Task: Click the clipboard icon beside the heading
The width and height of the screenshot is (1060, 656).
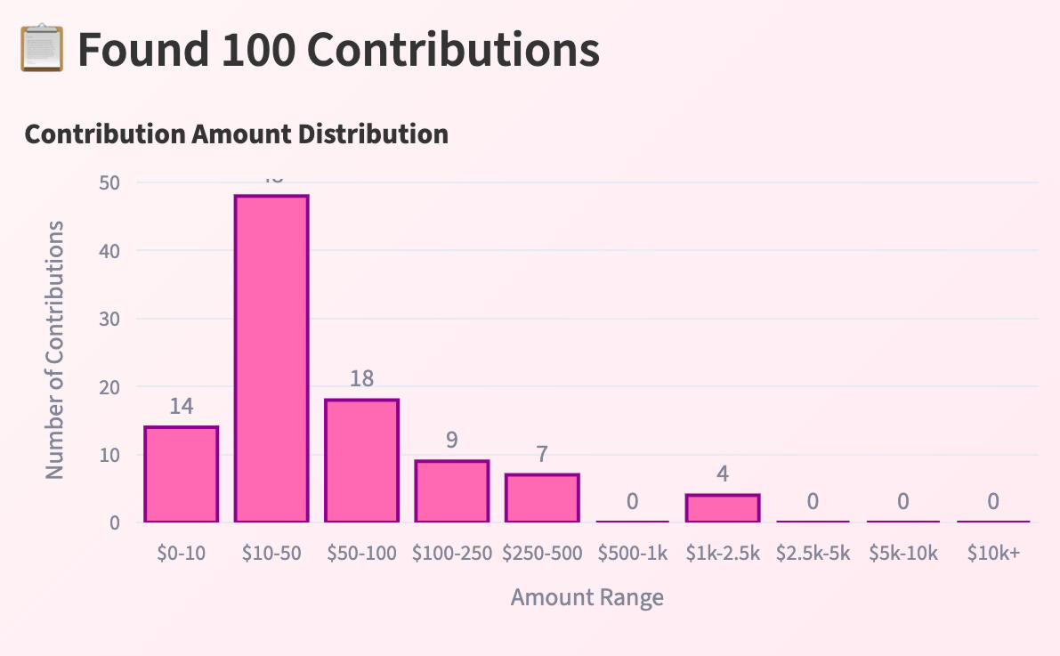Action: point(41,50)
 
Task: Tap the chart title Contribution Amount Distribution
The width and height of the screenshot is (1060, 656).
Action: point(236,134)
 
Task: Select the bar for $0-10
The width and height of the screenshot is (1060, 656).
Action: point(181,474)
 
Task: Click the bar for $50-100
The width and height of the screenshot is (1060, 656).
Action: point(361,460)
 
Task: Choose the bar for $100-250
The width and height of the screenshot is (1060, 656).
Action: point(452,491)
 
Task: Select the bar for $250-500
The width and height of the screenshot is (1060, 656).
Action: point(542,498)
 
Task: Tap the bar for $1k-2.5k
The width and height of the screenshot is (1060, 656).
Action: point(723,508)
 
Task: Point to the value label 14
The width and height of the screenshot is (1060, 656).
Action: point(181,407)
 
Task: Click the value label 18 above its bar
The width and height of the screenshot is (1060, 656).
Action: point(361,379)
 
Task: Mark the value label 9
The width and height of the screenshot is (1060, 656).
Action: point(452,441)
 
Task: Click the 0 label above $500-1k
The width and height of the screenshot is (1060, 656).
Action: point(632,501)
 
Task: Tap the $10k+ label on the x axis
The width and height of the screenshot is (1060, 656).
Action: point(993,553)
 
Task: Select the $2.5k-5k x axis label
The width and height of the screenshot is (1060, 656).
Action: point(813,553)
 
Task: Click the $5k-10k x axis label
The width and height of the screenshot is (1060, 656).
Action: point(902,553)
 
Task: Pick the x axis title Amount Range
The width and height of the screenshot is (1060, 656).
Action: point(587,596)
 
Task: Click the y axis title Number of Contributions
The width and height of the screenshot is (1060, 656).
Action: point(55,350)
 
